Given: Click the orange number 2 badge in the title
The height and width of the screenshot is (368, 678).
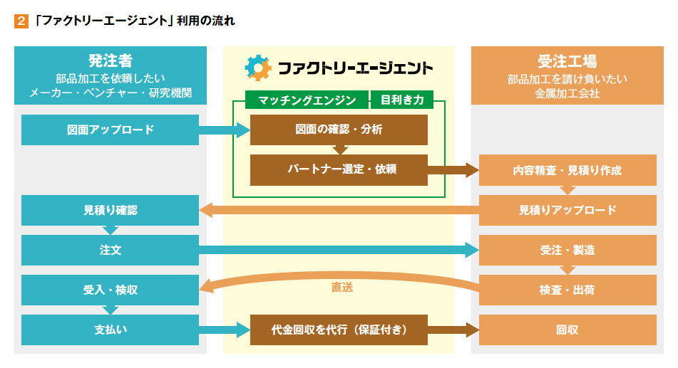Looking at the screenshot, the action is point(21,21).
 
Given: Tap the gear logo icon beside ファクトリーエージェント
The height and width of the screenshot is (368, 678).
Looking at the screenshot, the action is point(258,68).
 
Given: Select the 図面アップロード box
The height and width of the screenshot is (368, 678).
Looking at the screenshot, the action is point(111,130).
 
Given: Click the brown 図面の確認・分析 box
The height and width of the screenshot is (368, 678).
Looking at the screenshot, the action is point(339,130).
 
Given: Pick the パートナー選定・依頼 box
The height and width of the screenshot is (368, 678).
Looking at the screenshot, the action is point(339,169).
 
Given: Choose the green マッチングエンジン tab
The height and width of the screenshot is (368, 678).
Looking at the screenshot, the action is point(307,100).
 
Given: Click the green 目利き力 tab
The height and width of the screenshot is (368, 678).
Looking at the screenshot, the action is point(402,100).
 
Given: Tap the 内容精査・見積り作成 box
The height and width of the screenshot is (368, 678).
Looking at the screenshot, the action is point(567,170).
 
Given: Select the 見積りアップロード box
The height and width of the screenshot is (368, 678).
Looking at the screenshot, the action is point(567,211).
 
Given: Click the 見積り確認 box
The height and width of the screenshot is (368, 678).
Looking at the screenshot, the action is point(111,211).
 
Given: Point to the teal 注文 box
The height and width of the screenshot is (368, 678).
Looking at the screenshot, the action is point(111,250).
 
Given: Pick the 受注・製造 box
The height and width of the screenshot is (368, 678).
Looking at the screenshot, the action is point(567,250).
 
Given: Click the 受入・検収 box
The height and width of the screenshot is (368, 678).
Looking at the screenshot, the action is point(111,290).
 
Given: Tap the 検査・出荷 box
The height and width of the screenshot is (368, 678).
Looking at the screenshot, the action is point(567,290).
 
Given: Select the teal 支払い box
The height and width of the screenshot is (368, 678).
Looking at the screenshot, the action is point(111,330).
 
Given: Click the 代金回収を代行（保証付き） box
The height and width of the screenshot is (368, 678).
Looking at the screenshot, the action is point(339,330).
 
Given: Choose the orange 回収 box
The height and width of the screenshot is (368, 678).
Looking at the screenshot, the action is point(567,330).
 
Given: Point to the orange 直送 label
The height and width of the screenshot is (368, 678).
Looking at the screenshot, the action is point(342,288).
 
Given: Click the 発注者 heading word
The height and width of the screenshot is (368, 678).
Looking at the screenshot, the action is point(111,61).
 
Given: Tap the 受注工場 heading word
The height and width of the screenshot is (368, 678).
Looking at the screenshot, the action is point(567,61).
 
